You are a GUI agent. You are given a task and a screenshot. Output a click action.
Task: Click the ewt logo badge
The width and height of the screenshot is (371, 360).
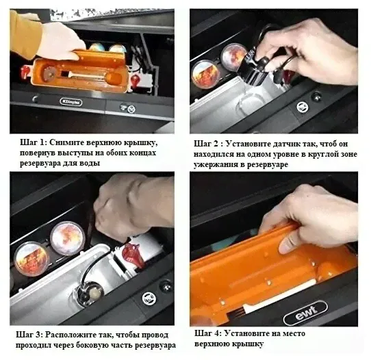[x=305, y=313]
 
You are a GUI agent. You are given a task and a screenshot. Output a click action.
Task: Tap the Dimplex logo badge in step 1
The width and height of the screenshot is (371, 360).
[x=71, y=102]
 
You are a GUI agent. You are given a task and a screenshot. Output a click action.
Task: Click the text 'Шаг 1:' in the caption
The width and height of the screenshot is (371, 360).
[x=34, y=142]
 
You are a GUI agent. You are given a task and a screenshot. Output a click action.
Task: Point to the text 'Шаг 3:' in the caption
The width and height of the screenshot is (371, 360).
[x=29, y=335]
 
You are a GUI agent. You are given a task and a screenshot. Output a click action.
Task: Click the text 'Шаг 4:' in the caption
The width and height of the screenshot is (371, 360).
[x=208, y=333]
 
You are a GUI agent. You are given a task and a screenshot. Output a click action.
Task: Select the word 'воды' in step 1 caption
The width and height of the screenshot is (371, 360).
[x=90, y=163]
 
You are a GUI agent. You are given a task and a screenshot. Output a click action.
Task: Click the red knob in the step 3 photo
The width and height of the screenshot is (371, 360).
[x=133, y=255]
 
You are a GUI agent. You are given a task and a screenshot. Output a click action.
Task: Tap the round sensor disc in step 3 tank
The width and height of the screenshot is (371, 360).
[x=90, y=293]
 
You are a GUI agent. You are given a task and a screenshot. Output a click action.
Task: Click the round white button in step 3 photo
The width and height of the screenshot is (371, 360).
[x=149, y=298]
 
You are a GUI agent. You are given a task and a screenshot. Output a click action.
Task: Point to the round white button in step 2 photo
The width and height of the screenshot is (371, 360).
[x=303, y=107]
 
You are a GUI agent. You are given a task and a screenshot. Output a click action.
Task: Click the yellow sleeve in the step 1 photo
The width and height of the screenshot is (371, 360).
[x=25, y=35]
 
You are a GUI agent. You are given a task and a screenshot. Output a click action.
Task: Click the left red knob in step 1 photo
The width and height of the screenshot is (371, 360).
[x=25, y=72]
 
